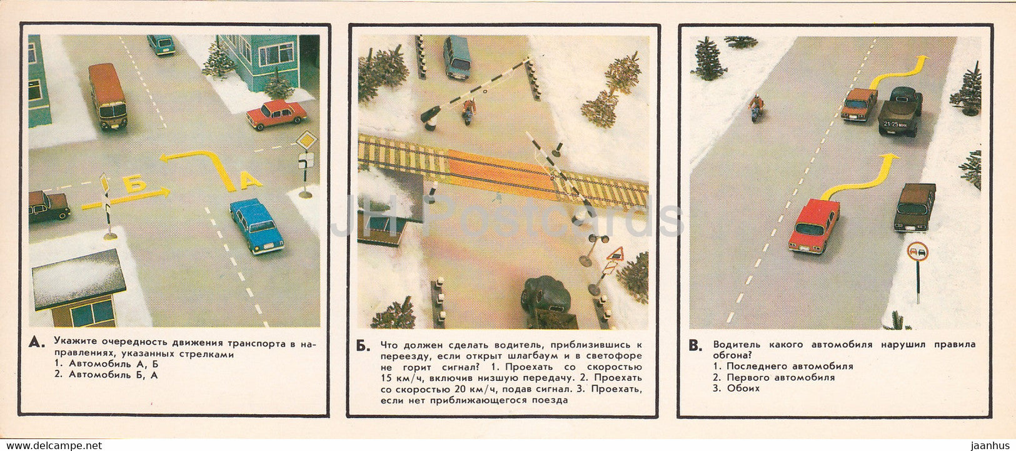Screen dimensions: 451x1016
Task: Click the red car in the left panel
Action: click(x=276, y=114)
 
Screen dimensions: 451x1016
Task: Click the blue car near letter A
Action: click(x=257, y=225)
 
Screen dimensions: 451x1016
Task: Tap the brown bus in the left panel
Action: click(x=108, y=96)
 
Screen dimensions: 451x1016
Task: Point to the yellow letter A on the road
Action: click(x=250, y=181)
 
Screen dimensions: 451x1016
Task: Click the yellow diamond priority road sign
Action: click(x=306, y=140)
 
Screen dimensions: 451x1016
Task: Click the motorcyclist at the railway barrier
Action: click(x=467, y=111)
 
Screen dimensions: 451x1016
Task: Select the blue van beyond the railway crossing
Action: click(x=457, y=57)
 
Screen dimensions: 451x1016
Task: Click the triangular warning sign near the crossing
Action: click(x=616, y=254)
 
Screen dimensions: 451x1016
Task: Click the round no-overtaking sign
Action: click(x=918, y=251)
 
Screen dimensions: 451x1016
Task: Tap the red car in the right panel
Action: click(x=813, y=225)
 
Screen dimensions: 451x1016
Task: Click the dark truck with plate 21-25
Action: click(x=900, y=111)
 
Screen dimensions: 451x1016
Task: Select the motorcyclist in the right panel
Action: click(x=757, y=109)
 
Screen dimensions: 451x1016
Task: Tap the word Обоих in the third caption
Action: click(x=743, y=388)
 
